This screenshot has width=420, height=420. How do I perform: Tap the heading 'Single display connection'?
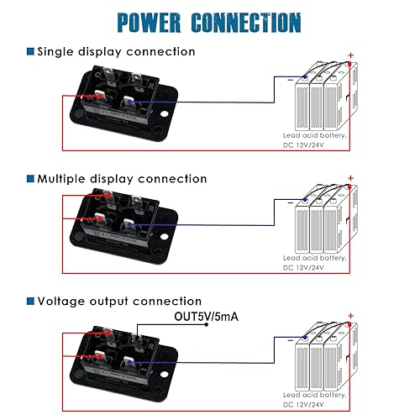point(116,52)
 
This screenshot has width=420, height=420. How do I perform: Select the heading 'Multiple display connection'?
point(122,179)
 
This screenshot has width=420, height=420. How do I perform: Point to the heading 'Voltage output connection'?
point(119,301)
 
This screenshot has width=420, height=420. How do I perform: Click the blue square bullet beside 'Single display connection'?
point(30,52)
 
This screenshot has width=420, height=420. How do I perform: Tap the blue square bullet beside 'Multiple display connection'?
point(30,179)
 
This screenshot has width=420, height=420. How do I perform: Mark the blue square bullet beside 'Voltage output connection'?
point(30,301)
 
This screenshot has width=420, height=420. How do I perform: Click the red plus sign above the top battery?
point(349,55)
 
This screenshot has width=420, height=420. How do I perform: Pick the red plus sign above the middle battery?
point(349,178)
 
